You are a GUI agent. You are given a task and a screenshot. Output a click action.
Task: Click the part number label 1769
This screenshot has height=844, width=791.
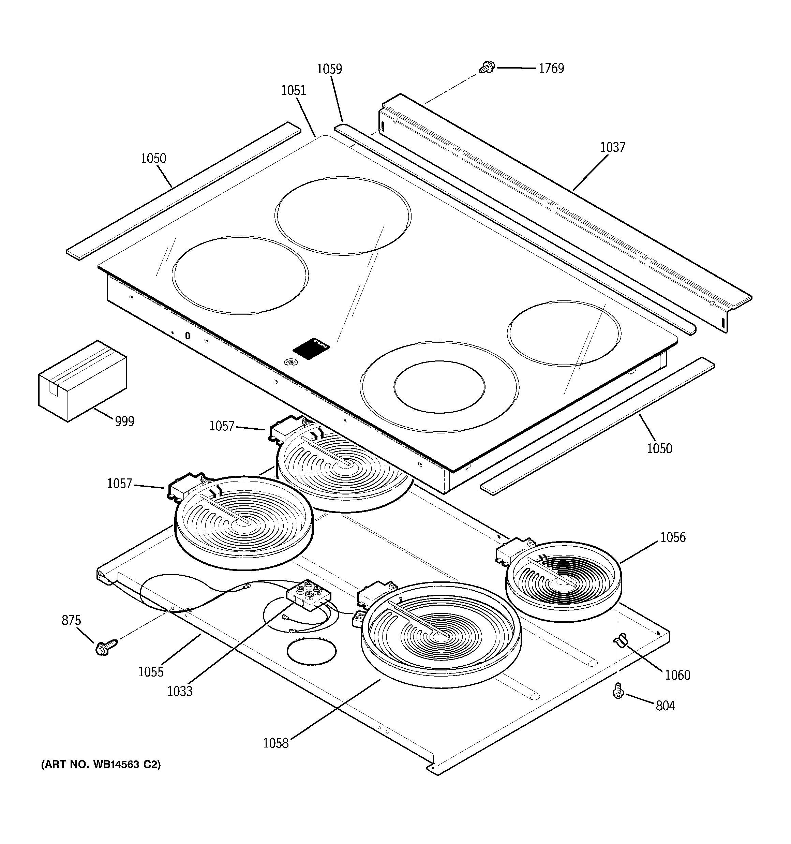[551, 68]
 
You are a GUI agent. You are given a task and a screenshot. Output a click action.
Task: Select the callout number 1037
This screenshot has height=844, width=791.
[612, 147]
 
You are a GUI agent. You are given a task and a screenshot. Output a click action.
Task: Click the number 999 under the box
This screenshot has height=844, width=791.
[124, 421]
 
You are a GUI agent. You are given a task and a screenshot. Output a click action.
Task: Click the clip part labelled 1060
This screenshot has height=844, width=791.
[620, 639]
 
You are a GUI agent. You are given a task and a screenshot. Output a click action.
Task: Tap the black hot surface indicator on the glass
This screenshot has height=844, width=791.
[311, 348]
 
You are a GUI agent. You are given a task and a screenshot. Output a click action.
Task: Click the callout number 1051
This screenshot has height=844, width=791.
[294, 90]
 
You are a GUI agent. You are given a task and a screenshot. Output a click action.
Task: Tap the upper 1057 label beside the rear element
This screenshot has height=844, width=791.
[222, 426]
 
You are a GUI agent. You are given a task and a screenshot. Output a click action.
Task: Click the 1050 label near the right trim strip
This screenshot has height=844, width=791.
[659, 448]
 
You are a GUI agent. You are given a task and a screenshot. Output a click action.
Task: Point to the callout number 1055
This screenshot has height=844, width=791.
[151, 672]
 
